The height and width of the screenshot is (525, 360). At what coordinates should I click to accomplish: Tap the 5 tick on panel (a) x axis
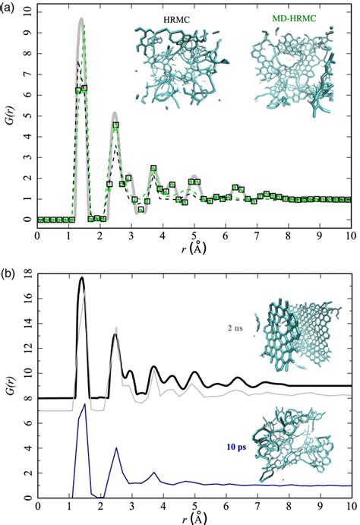pos(194,233)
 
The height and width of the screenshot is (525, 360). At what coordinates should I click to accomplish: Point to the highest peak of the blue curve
pos(84,404)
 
